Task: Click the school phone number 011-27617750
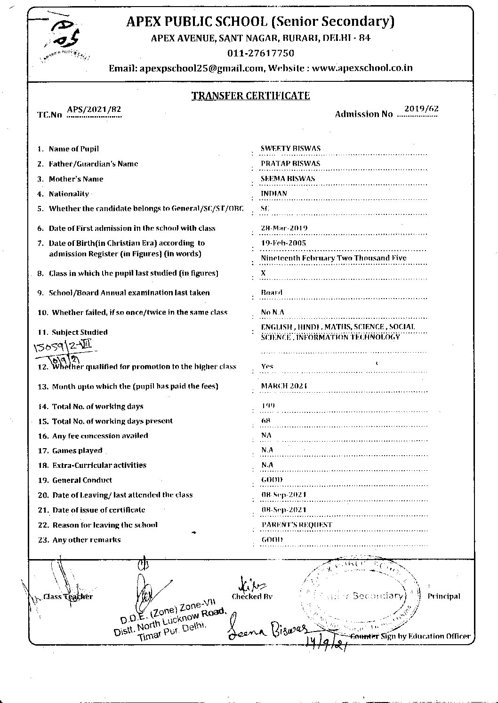260,53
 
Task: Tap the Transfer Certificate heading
250,96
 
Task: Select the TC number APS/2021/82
94,110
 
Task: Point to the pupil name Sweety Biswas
290,149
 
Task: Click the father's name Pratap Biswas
290,164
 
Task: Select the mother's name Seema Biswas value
288,179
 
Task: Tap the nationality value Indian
273,193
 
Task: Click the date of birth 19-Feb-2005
283,243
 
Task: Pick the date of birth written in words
333,258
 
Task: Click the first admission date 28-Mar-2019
284,228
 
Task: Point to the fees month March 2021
284,386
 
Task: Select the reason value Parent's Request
297,525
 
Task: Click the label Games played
77,450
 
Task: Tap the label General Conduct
82,480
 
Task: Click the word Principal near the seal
443,596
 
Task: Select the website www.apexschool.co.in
362,68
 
